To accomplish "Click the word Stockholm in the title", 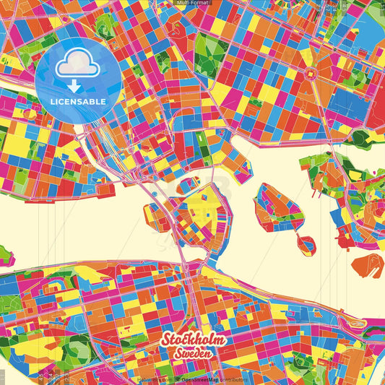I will pyautogui.click(x=193, y=340).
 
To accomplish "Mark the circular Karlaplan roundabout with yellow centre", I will pyautogui.click(x=313, y=73).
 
